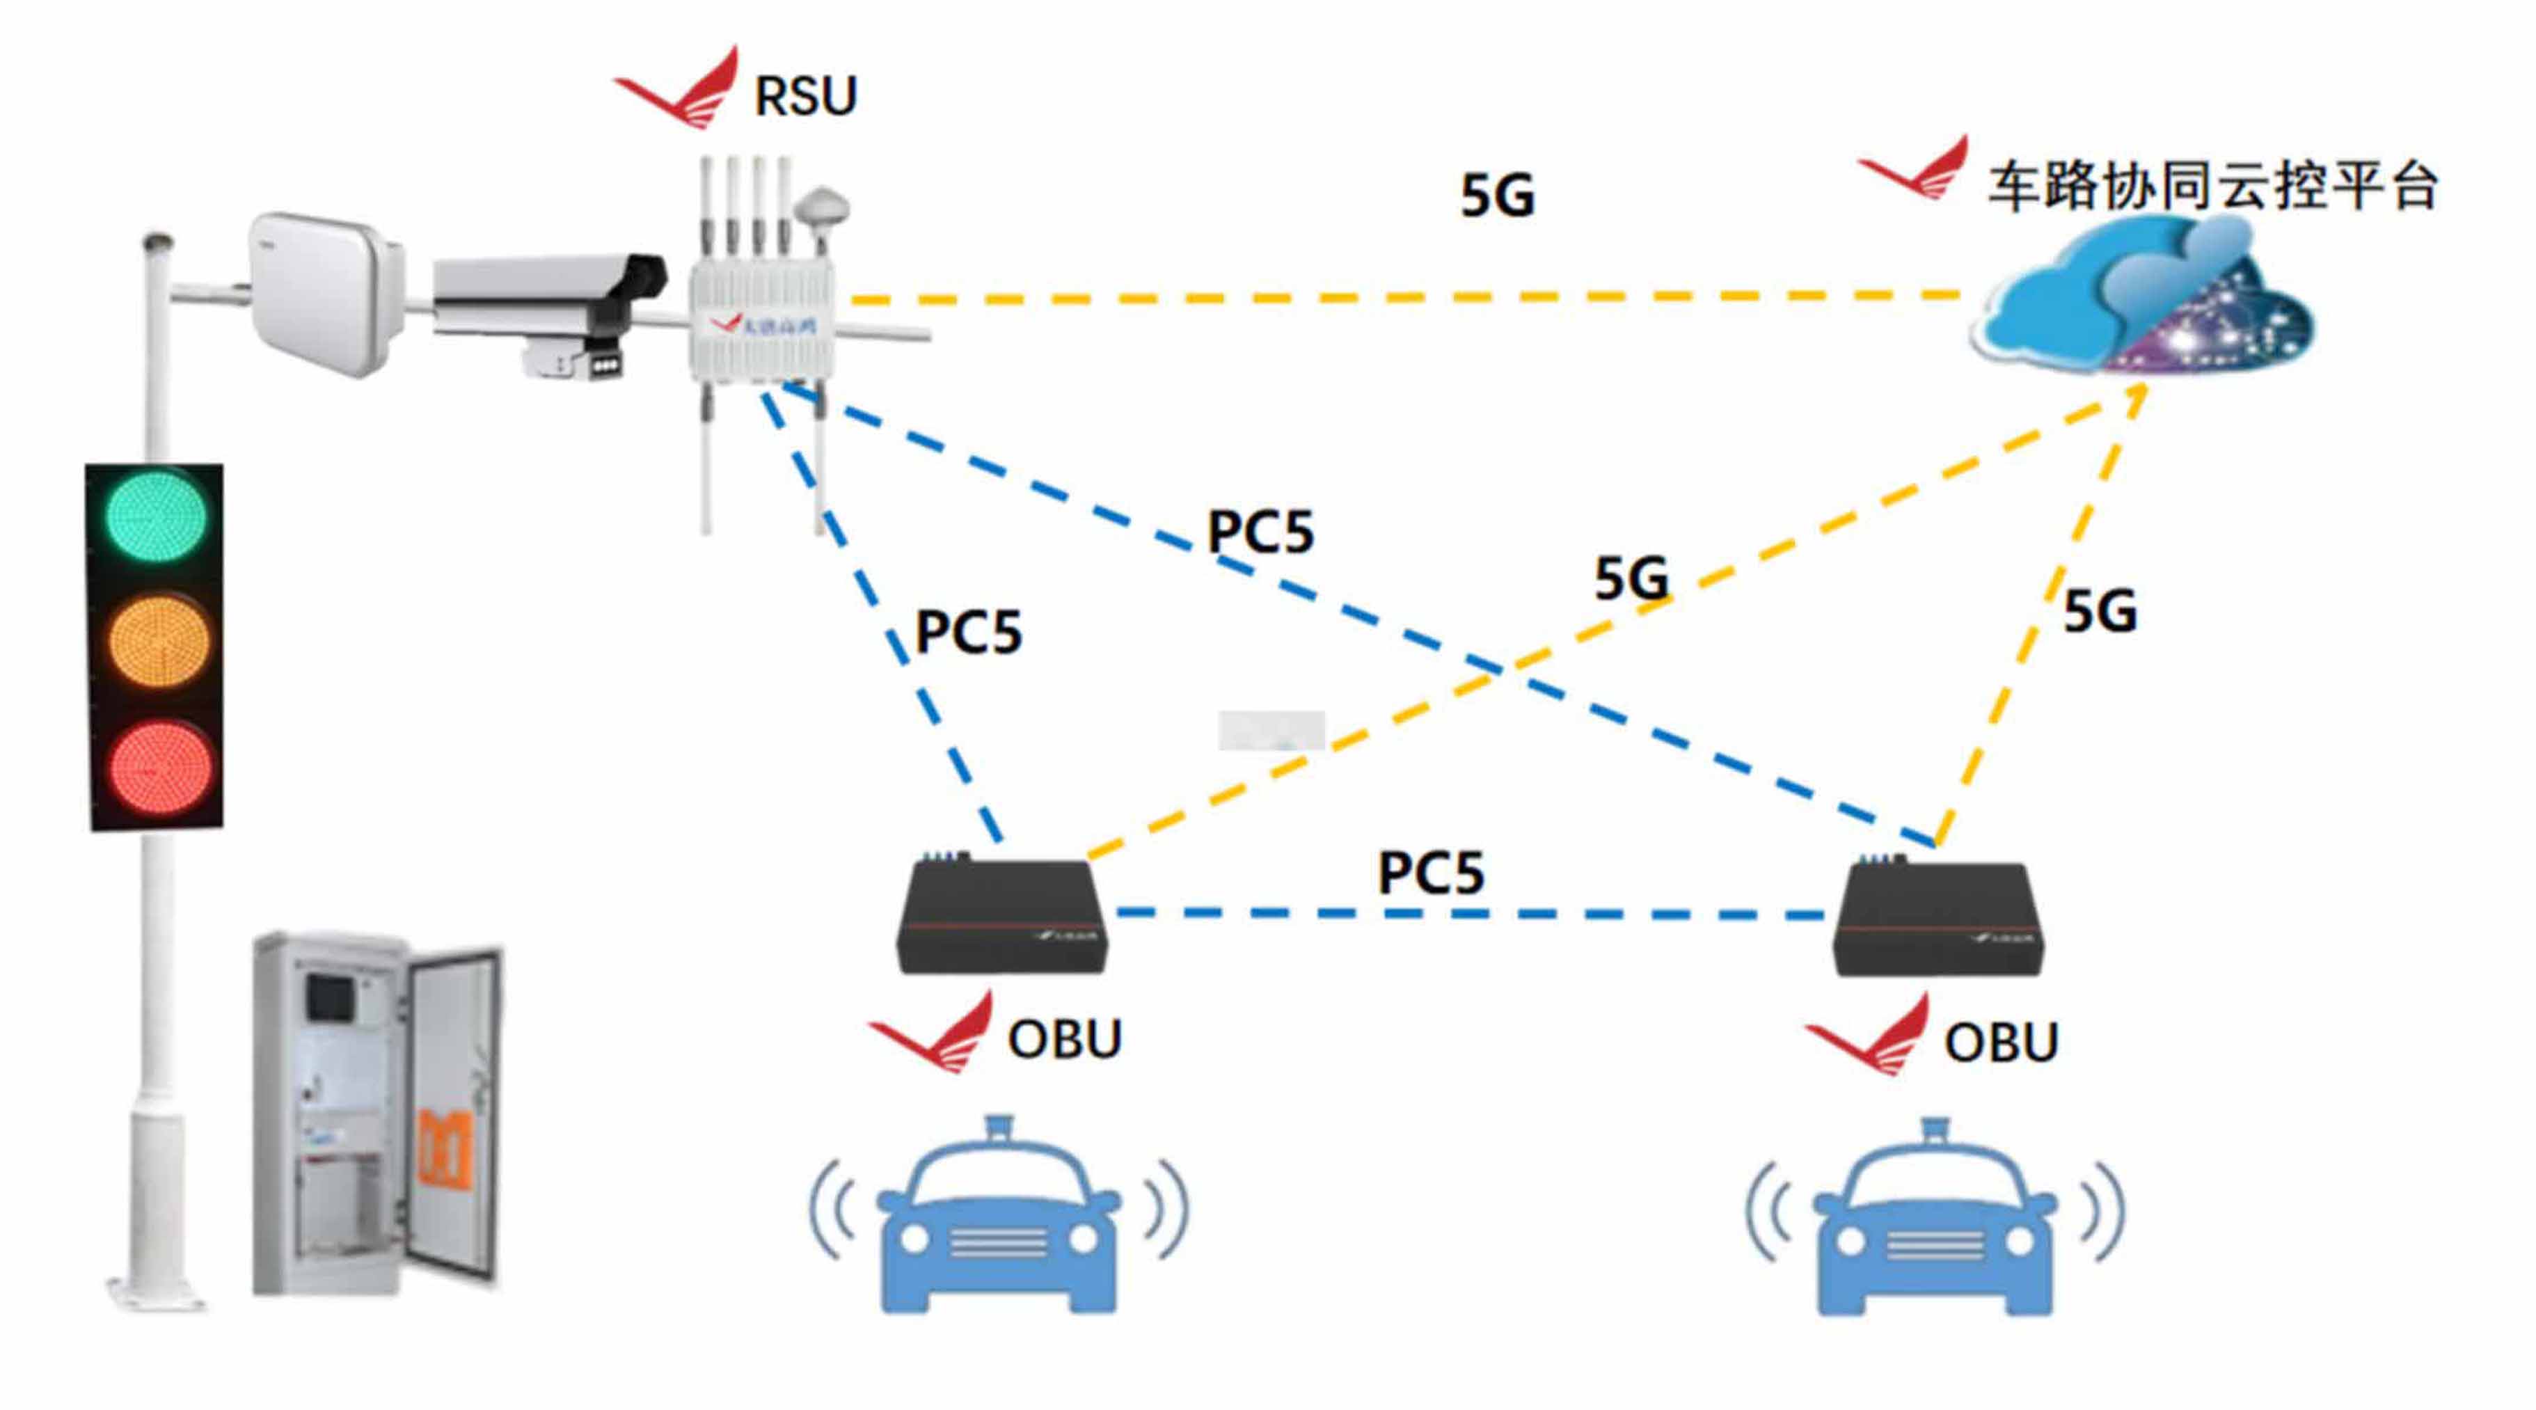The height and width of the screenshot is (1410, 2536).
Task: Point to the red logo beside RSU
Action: pos(680,90)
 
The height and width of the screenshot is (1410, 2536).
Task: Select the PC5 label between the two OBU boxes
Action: pos(1430,873)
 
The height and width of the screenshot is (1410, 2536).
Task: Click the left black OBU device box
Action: pos(1002,916)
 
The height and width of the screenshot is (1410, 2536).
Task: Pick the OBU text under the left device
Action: pos(1064,1040)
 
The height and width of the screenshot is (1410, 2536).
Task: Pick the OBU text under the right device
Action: pos(2000,1043)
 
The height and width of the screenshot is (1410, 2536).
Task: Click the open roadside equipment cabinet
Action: pos(377,1113)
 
